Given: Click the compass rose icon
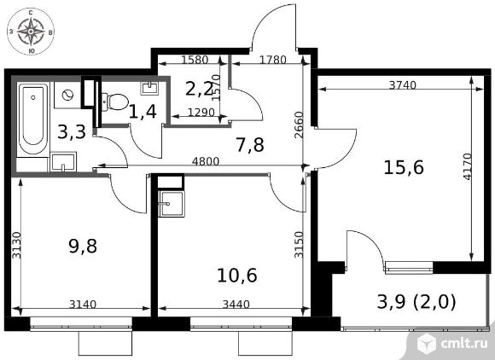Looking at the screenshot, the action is (x=31, y=32).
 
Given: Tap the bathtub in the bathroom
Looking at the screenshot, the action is (x=32, y=119).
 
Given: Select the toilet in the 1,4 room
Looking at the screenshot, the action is (x=114, y=102).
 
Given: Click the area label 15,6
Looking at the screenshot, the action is (x=404, y=167).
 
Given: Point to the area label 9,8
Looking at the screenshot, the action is (x=83, y=246).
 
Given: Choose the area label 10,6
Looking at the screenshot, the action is (x=237, y=276).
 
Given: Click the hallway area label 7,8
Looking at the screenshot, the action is (x=250, y=145).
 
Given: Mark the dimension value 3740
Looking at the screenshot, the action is (x=403, y=84).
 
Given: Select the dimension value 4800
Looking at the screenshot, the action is (x=206, y=161).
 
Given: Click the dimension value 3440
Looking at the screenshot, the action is (x=236, y=305).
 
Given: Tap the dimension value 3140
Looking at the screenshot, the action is (x=83, y=305).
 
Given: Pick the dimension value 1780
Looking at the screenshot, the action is (x=273, y=60).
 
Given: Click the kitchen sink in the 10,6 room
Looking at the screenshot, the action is (x=171, y=204).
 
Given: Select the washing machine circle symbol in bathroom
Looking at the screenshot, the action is (x=67, y=95).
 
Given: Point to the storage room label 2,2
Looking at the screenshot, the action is (x=200, y=90).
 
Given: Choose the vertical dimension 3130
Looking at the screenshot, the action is (x=16, y=245).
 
